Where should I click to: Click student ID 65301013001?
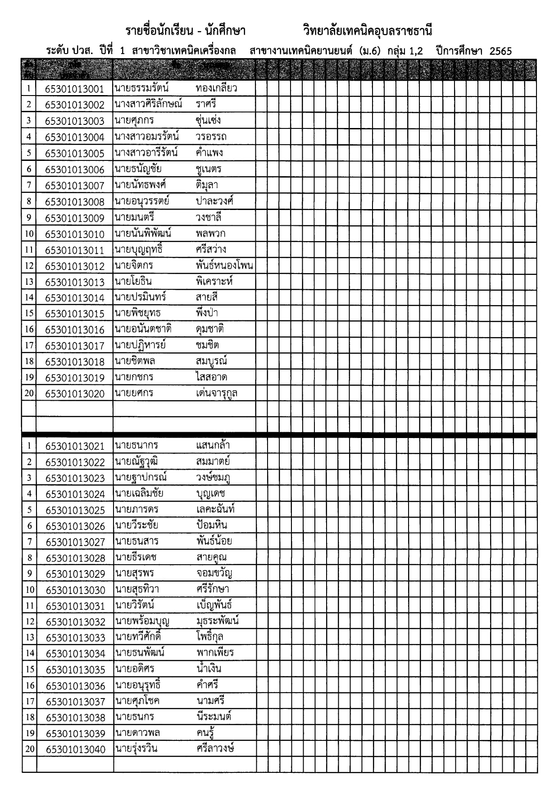[x=74, y=89]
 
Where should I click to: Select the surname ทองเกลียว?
[x=216, y=88]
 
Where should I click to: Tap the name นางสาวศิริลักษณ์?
[x=148, y=104]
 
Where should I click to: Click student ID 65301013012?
[x=74, y=266]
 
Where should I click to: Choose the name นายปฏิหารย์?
[x=140, y=345]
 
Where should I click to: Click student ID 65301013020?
[x=74, y=394]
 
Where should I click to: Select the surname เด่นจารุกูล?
[x=217, y=393]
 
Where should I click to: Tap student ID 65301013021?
[x=75, y=446]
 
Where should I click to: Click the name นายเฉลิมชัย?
[x=139, y=493]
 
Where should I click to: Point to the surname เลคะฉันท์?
[x=215, y=510]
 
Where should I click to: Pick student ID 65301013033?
[x=75, y=638]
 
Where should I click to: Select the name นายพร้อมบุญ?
[x=142, y=621]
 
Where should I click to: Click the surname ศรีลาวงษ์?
[x=215, y=749]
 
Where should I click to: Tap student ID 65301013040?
[x=75, y=749]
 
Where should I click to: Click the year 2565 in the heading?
[x=500, y=51]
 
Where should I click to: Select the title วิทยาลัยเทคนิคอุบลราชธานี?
[x=368, y=31]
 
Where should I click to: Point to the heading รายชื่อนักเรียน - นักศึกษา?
[x=185, y=31]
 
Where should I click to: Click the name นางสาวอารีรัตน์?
[x=146, y=152]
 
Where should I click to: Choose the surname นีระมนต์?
[x=214, y=717]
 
